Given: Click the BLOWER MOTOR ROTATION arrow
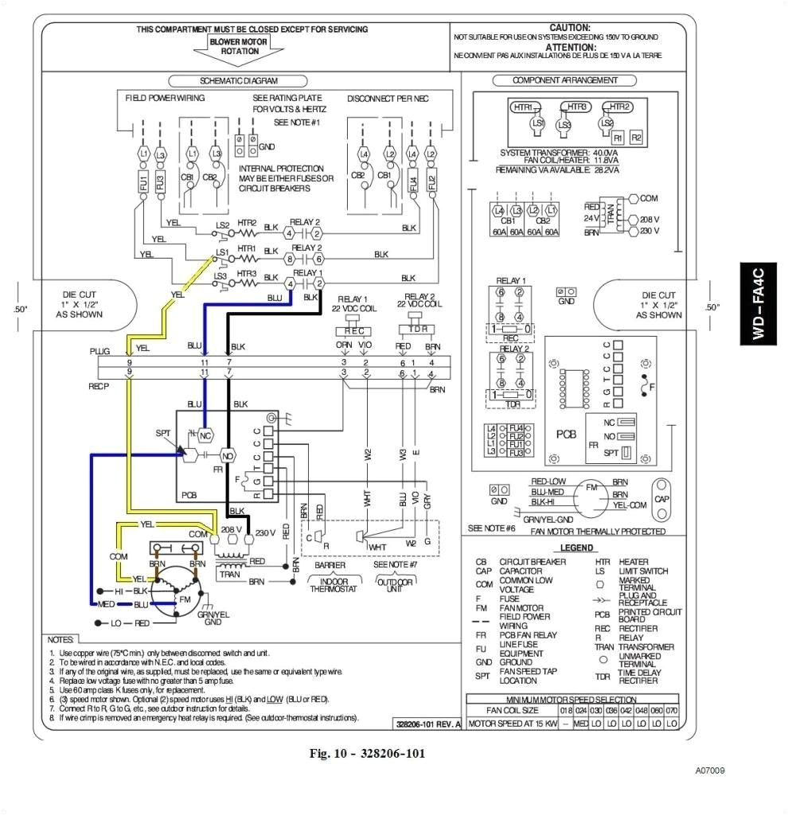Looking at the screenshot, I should [x=234, y=48].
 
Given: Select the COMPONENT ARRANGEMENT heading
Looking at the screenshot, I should [x=564, y=80].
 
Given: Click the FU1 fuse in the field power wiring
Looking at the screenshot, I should [x=143, y=183].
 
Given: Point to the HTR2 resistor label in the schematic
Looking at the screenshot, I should [x=247, y=223].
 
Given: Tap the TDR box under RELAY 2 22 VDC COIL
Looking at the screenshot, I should [x=415, y=330].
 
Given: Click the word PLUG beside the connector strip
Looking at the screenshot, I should [x=100, y=351].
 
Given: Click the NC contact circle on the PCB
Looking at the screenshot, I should [x=205, y=435].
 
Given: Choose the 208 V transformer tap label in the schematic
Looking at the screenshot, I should [x=232, y=529].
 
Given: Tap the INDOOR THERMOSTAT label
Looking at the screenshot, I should [x=329, y=585].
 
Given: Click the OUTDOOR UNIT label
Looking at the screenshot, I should [x=391, y=585].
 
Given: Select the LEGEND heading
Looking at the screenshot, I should [x=576, y=548].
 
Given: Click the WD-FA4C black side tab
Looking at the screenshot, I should [x=760, y=303].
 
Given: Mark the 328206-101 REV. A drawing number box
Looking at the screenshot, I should [x=428, y=723].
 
